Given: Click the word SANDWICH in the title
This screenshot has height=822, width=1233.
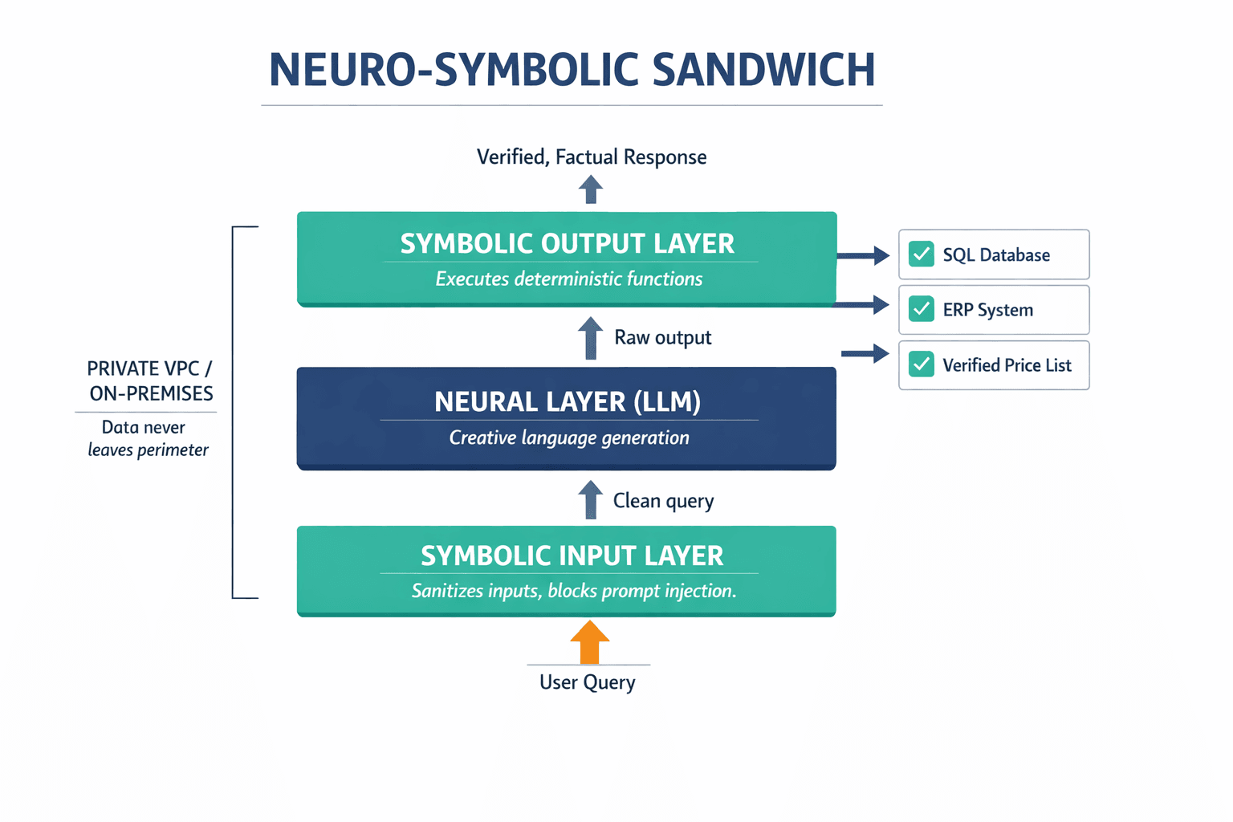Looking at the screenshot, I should tap(763, 71).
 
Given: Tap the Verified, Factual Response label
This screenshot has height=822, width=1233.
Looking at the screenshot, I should tap(592, 157).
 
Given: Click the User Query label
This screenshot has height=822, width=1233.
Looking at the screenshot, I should tap(588, 682).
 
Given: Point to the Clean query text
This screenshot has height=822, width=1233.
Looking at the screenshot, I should tap(663, 501).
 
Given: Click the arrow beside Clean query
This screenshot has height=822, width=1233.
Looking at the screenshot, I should tap(591, 499).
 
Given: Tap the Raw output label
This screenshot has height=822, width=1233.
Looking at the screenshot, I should tap(662, 337).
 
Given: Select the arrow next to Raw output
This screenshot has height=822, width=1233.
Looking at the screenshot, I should tap(591, 337).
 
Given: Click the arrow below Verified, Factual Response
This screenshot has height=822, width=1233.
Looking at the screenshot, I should tap(591, 189).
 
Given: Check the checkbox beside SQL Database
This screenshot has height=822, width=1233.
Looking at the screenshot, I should tap(921, 254).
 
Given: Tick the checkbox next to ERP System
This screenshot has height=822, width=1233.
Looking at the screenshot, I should tap(921, 309).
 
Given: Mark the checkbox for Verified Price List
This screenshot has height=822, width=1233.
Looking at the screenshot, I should tap(921, 364).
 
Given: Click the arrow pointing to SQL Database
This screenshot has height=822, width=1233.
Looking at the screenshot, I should tap(863, 256).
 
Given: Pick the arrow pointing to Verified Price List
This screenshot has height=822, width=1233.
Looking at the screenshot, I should tap(865, 353).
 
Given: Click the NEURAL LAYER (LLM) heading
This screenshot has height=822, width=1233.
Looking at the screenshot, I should tap(568, 401).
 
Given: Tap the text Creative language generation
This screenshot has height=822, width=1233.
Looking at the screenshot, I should tap(568, 437).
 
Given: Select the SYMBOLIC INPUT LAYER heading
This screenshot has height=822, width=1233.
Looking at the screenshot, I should tap(572, 555).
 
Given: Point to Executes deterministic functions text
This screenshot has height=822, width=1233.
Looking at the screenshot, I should tap(568, 279).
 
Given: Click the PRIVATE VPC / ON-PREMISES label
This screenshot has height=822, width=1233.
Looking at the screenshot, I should tap(150, 380).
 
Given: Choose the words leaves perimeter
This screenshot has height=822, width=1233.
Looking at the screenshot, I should tap(148, 450).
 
